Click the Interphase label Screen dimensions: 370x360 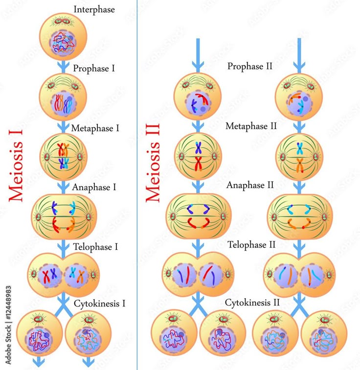point(94,9)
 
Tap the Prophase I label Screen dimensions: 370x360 point(94,68)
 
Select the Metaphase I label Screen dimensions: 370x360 point(95,128)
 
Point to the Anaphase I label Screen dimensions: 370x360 point(94,187)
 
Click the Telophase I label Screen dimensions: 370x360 point(96,247)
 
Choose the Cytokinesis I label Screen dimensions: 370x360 point(100,304)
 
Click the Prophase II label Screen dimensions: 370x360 point(249,66)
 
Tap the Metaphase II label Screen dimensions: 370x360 point(251,126)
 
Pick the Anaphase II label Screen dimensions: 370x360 point(249,185)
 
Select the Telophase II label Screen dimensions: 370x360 point(251,244)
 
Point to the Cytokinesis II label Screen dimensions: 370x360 point(252,303)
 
